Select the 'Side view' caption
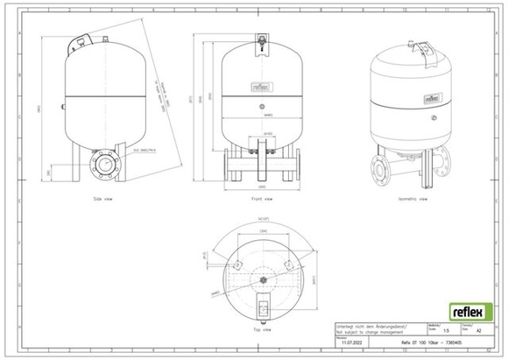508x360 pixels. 105,199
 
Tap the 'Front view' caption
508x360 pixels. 258,199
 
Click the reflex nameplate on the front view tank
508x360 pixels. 258,88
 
